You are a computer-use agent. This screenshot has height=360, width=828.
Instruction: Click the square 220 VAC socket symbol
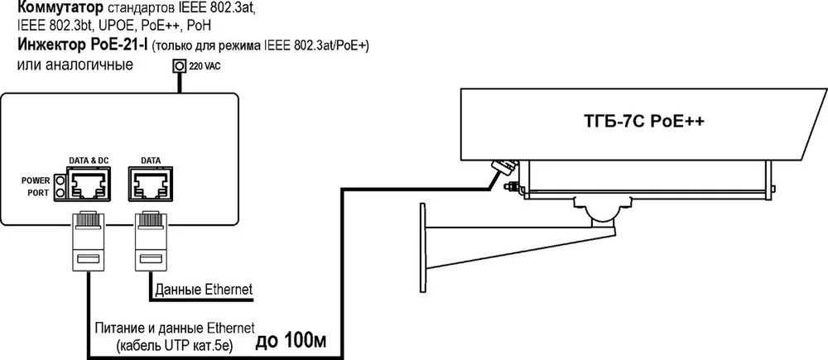click(180, 66)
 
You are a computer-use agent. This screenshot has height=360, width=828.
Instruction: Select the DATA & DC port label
click(88, 160)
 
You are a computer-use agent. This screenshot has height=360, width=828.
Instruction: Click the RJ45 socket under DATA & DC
click(88, 185)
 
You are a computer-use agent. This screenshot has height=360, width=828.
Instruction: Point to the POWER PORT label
click(36, 187)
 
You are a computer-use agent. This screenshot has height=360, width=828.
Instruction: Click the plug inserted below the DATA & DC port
click(88, 241)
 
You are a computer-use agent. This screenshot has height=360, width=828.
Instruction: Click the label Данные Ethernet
click(204, 290)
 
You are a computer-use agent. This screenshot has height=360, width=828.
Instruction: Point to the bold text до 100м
click(291, 342)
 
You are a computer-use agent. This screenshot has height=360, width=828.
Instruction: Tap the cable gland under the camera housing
click(503, 166)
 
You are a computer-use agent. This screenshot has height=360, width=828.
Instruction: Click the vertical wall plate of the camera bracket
click(422, 248)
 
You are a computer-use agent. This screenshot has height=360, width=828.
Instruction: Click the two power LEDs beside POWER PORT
click(60, 187)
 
